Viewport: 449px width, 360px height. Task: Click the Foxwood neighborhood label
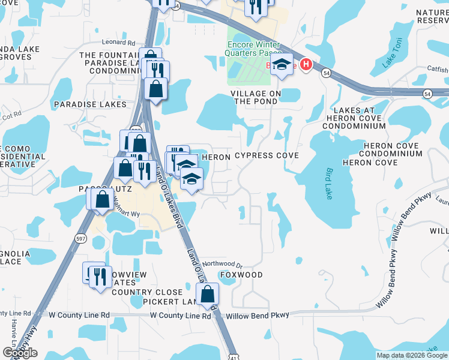pos(241,275)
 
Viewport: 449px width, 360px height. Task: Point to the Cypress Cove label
pos(267,156)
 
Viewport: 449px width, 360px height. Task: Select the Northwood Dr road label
pos(221,264)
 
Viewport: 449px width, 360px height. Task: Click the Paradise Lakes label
pos(90,104)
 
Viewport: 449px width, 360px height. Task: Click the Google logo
pos(19,352)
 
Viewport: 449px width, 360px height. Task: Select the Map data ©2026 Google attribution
pos(411,355)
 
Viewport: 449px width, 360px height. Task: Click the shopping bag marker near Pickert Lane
pos(207,294)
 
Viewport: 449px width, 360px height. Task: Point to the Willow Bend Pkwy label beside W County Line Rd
pos(257,315)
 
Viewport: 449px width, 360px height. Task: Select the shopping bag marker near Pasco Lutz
pos(103,199)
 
